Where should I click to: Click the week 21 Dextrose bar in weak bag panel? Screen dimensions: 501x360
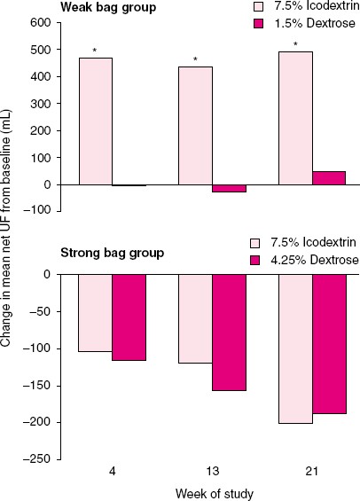(329, 178)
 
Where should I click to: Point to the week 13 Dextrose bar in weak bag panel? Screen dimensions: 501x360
(230, 189)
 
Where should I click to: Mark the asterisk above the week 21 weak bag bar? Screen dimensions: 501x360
(296, 44)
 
